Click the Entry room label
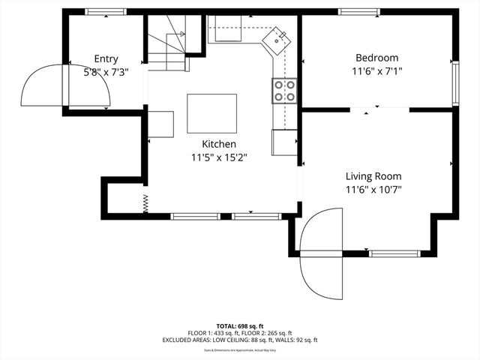click(x=106, y=59)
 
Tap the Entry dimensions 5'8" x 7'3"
click(x=106, y=73)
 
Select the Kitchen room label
click(x=219, y=144)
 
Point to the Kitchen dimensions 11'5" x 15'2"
click(x=219, y=157)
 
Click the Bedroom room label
click(x=376, y=58)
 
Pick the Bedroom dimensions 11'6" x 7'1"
click(x=376, y=72)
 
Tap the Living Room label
click(x=373, y=176)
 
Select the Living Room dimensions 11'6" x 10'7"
click(x=373, y=190)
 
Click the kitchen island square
click(x=211, y=113)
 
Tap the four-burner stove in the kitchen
click(x=284, y=90)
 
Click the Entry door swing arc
click(x=43, y=85)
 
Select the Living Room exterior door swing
click(x=321, y=252)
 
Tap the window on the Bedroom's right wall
click(x=454, y=83)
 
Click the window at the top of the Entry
click(x=106, y=12)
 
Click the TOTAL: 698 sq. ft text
click(x=239, y=326)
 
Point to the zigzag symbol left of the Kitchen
click(x=145, y=202)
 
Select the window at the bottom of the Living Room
click(x=393, y=254)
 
